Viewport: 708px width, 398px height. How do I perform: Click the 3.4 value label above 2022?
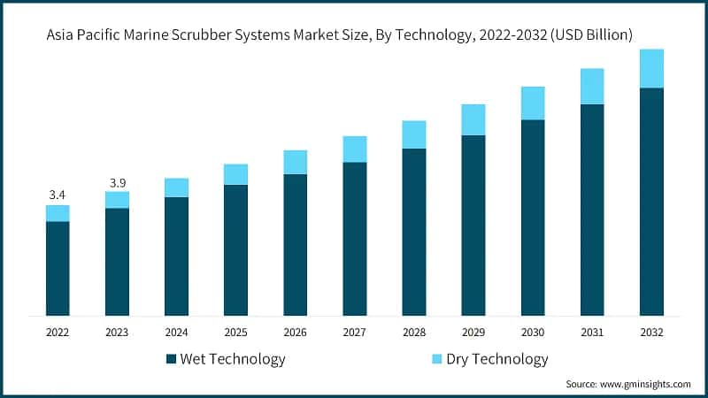coord(58,195)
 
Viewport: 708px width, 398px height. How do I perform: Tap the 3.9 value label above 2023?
coord(117,182)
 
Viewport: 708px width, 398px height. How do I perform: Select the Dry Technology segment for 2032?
coord(651,69)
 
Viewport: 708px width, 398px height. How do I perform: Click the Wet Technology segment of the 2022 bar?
coord(58,268)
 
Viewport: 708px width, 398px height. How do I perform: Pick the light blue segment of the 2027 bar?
coord(354,149)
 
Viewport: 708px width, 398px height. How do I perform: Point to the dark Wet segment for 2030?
coord(533,218)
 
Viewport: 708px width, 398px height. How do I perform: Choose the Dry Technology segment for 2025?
coord(235,174)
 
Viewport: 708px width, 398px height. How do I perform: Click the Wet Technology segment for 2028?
coord(414,232)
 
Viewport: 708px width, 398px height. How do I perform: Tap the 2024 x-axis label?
coord(176,333)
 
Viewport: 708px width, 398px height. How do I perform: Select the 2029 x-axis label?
coord(473,333)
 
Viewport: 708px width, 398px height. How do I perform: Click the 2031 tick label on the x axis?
coord(592,333)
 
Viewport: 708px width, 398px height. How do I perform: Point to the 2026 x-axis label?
coord(295,333)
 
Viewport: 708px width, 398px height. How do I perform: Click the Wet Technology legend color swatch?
coord(171,359)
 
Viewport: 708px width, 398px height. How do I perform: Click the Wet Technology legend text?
coord(232,359)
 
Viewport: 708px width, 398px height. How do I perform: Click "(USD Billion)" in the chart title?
coord(588,35)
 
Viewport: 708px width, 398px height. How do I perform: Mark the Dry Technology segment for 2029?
coord(473,119)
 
